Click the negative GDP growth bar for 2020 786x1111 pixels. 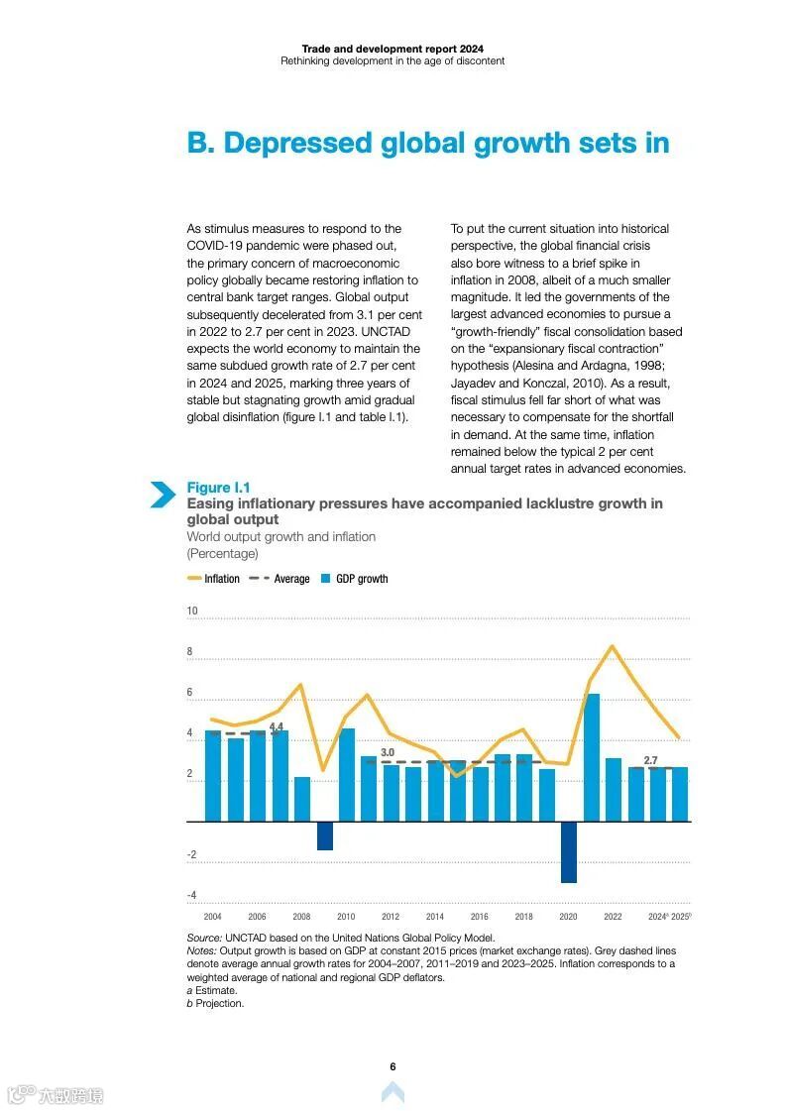click(568, 851)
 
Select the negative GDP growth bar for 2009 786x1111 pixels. click(324, 835)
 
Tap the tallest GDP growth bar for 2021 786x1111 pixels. click(591, 757)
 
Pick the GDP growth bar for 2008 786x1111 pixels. click(301, 799)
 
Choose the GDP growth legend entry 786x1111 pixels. click(355, 579)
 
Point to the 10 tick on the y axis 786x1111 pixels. click(192, 611)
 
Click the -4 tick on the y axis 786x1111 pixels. click(191, 895)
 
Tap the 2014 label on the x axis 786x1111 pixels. click(435, 917)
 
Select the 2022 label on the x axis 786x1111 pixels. click(613, 917)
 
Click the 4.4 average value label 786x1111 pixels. click(277, 726)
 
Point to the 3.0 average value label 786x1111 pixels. click(388, 753)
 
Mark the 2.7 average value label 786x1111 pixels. click(650, 760)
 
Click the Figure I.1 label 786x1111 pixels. click(218, 488)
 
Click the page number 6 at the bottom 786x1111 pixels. click(393, 1066)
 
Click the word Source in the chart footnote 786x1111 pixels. click(204, 938)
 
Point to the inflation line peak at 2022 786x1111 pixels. click(613, 646)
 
